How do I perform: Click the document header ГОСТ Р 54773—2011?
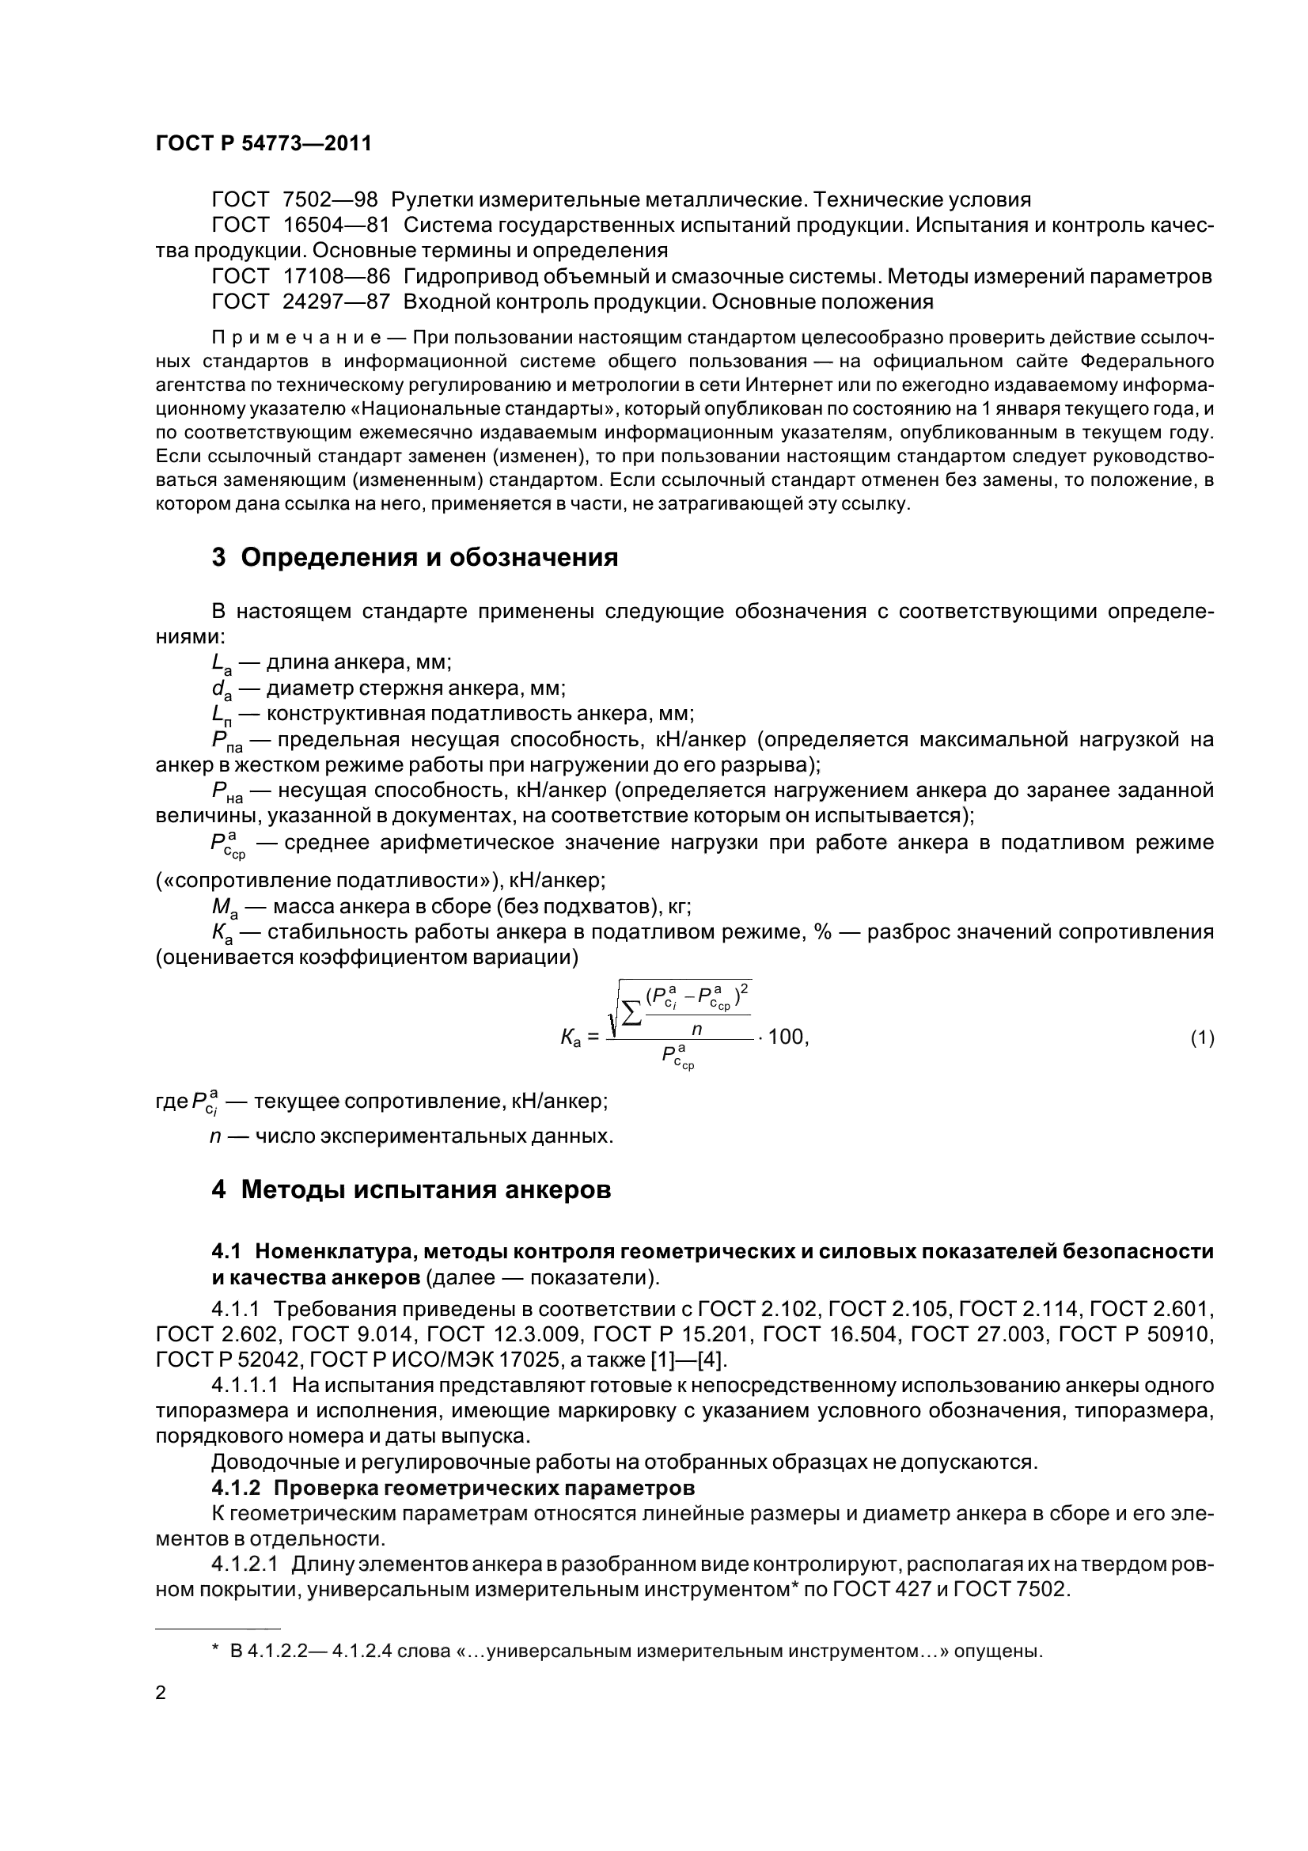click(263, 144)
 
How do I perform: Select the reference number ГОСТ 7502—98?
click(294, 200)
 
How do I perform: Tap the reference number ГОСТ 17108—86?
click(301, 276)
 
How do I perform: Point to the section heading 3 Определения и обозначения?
click(415, 557)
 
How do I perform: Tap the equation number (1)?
click(1202, 1038)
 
